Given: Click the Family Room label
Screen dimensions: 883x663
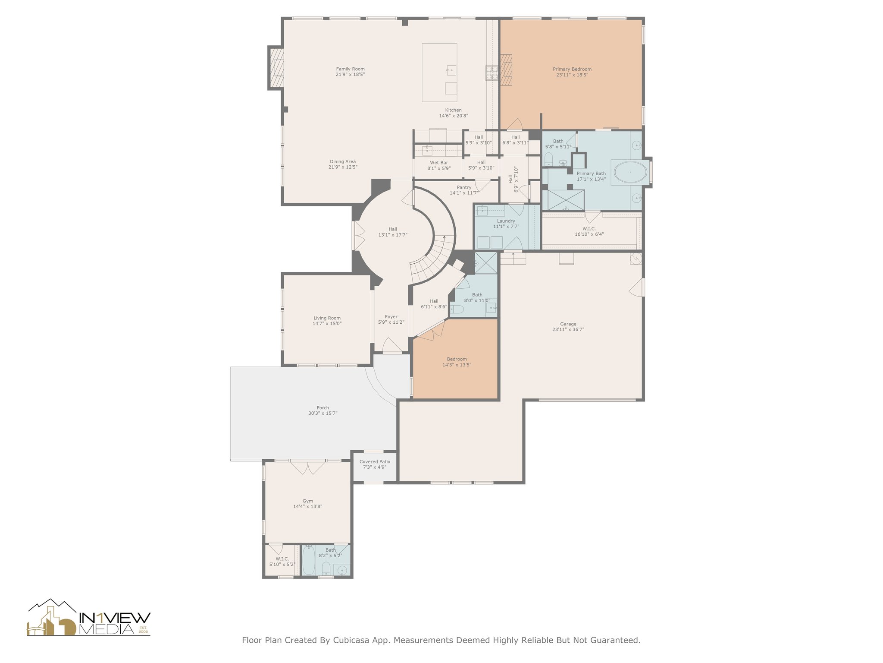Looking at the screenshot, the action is [x=350, y=69].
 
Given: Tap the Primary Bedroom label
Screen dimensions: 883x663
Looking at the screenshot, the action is [x=572, y=69].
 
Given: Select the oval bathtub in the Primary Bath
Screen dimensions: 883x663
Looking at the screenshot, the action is [x=630, y=172].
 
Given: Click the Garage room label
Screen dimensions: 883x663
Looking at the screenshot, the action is [x=568, y=324].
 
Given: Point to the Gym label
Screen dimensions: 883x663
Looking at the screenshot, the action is [x=308, y=501].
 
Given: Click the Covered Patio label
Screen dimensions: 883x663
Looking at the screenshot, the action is [x=375, y=461].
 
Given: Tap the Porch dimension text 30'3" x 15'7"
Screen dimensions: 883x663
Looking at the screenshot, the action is [x=323, y=413].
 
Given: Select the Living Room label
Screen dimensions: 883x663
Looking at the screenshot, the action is [x=327, y=318].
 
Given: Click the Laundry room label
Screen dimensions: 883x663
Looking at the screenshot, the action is [x=506, y=221].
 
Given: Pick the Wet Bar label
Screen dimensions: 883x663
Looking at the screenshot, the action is [x=439, y=163].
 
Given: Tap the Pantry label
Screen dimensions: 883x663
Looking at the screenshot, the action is [x=464, y=187].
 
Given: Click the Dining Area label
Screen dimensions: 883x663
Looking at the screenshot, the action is [x=343, y=161].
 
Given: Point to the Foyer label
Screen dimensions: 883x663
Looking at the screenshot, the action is [x=391, y=317].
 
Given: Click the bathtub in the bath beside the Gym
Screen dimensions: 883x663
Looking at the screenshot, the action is [x=308, y=560].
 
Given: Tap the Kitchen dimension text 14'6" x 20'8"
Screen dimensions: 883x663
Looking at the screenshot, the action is [x=454, y=116].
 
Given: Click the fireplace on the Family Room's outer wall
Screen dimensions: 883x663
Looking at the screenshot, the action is [x=276, y=68].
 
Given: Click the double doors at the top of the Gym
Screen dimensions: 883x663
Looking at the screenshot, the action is [x=307, y=467].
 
